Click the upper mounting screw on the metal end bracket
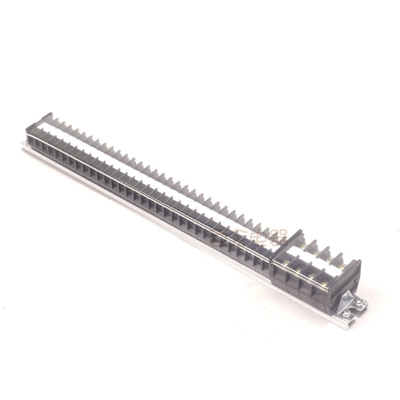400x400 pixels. [359, 301]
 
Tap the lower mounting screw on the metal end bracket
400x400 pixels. [346, 314]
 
